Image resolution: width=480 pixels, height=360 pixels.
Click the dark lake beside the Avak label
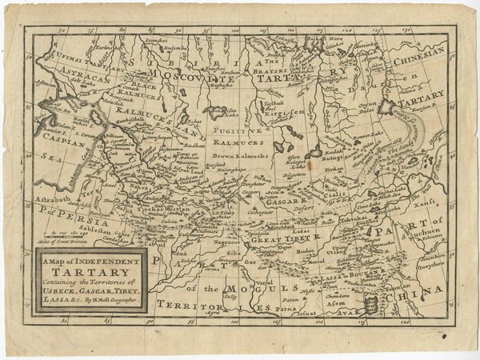pyautogui.click(x=370, y=305)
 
